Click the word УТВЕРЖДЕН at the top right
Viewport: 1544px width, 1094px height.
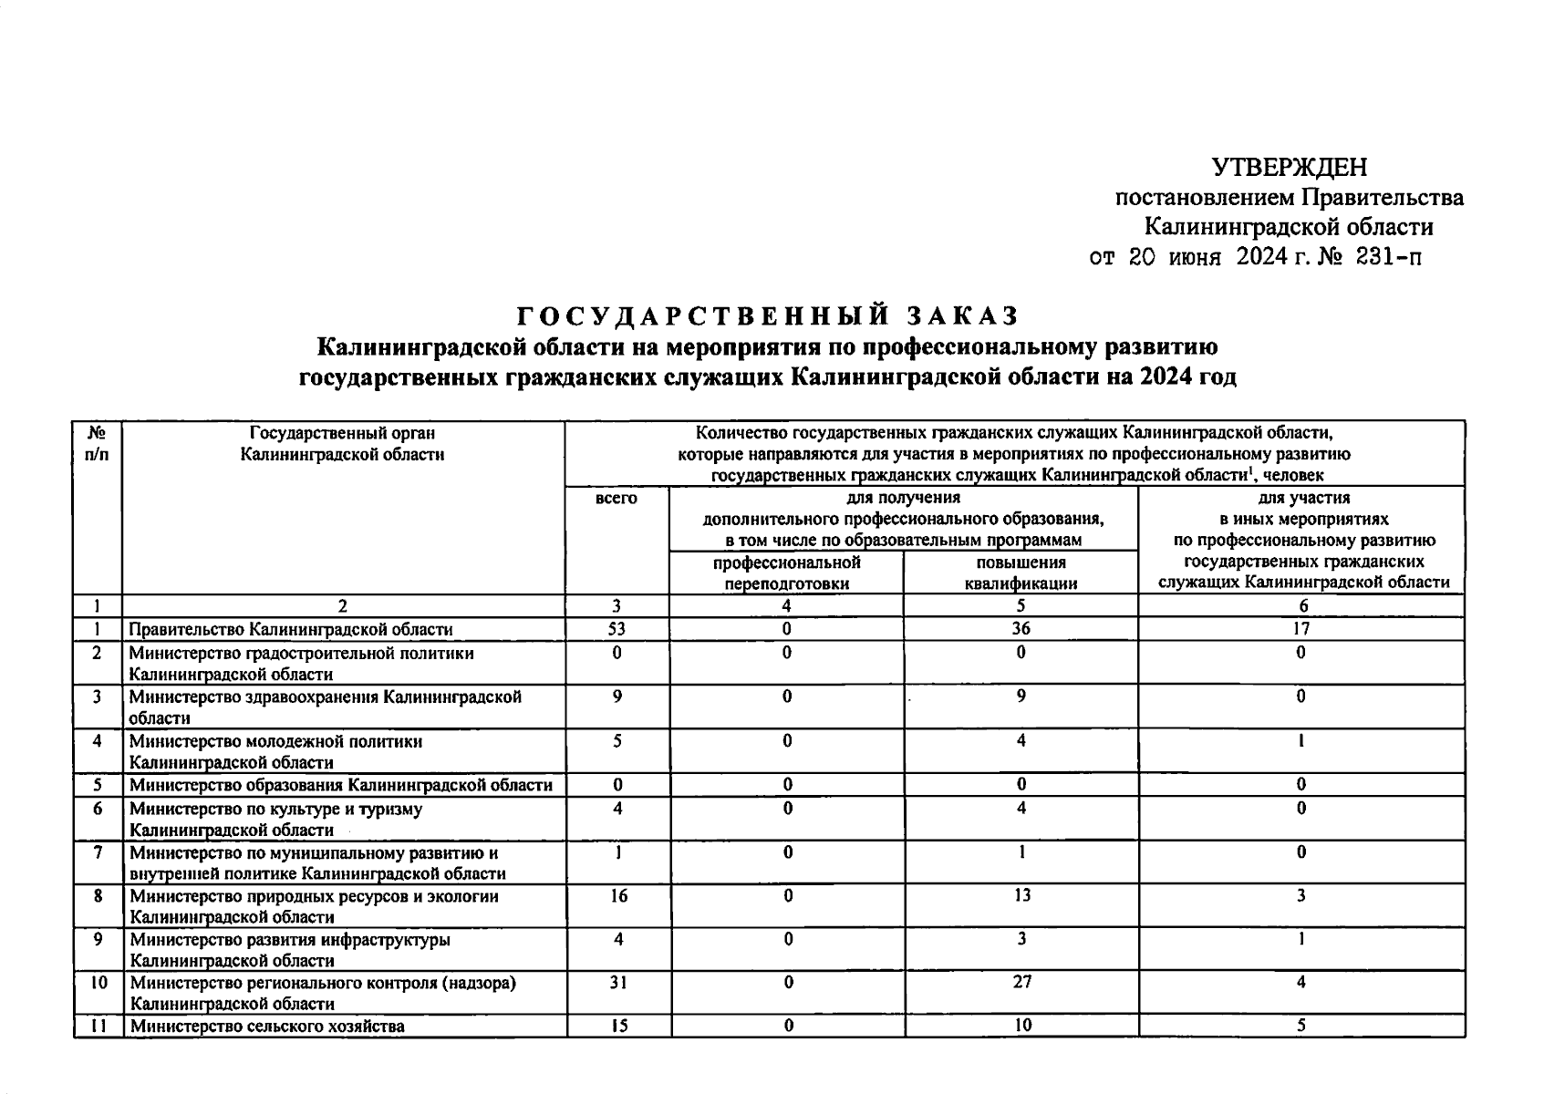click(1289, 168)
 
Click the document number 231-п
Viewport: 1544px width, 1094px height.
click(1388, 258)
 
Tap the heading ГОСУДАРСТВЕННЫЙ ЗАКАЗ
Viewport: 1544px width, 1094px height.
click(767, 315)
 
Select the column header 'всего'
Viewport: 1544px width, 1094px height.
click(617, 499)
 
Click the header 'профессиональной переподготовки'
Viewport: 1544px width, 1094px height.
click(786, 573)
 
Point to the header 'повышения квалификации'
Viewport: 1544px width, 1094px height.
click(1021, 573)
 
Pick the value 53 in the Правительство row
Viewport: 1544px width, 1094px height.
click(617, 629)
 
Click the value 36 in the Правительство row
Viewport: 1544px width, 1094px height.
click(1021, 629)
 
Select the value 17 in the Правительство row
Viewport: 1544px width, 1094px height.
click(1300, 629)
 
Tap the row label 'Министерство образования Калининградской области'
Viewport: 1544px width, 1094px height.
click(341, 785)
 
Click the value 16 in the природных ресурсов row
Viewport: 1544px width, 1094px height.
click(617, 896)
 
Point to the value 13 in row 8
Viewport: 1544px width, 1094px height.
click(1021, 896)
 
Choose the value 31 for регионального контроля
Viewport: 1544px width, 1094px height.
click(617, 983)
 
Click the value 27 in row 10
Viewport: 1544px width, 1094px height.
click(1021, 983)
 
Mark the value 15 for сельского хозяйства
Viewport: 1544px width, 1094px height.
click(617, 1026)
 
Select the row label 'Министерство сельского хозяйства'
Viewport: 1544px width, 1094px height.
click(267, 1027)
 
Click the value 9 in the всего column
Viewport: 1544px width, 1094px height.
click(617, 697)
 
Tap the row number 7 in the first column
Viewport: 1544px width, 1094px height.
click(97, 852)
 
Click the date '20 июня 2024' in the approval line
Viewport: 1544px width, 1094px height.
click(1208, 258)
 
